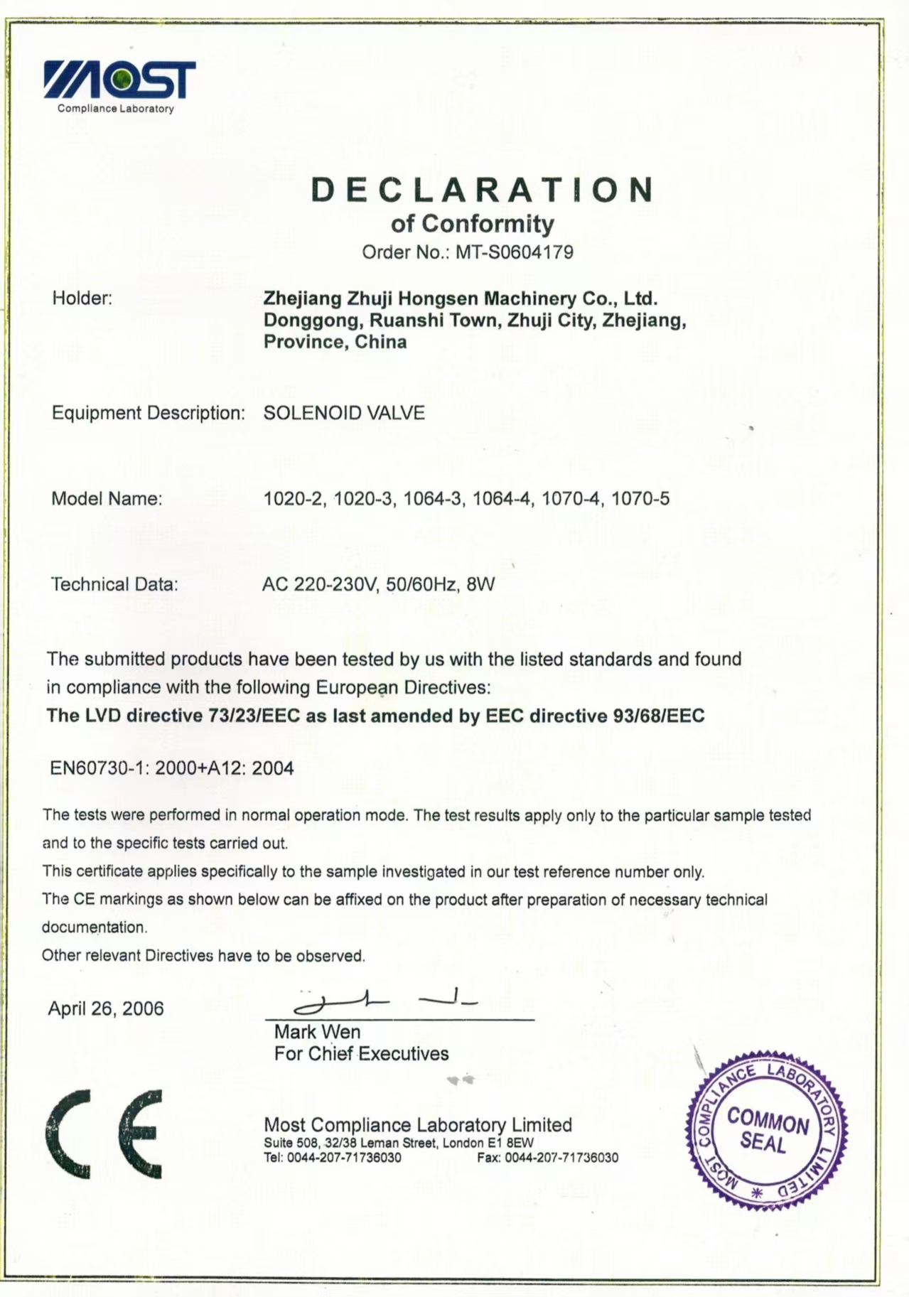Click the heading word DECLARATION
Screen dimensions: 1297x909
point(483,190)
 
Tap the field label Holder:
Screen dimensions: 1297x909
point(82,298)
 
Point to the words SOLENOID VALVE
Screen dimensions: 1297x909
point(344,413)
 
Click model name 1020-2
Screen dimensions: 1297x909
point(294,499)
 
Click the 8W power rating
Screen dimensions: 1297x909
point(480,585)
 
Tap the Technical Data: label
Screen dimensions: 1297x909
point(114,585)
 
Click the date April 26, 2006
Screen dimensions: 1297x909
point(106,1008)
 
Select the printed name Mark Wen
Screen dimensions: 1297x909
point(317,1032)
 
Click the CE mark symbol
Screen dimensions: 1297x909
point(104,1134)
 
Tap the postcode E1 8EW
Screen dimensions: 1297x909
point(510,1143)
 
